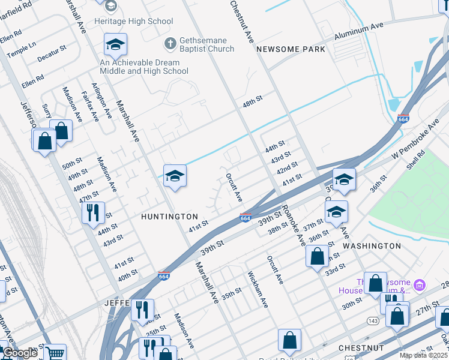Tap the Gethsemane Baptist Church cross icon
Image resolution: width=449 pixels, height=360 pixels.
[x=170, y=44]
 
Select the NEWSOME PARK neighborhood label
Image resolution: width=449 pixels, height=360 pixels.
[x=291, y=49]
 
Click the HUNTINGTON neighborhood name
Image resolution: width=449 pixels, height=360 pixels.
[x=169, y=216]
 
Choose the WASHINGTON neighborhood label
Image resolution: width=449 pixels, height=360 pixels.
[x=372, y=246]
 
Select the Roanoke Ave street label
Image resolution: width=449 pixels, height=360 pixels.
[x=292, y=225]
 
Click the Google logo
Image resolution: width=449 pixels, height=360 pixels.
[x=20, y=353]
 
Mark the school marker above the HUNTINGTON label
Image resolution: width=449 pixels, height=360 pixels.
[x=175, y=176]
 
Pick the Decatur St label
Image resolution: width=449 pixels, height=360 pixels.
[x=51, y=54]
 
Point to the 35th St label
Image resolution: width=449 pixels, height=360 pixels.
[x=231, y=293]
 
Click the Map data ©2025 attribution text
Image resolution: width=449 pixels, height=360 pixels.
[x=423, y=355]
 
